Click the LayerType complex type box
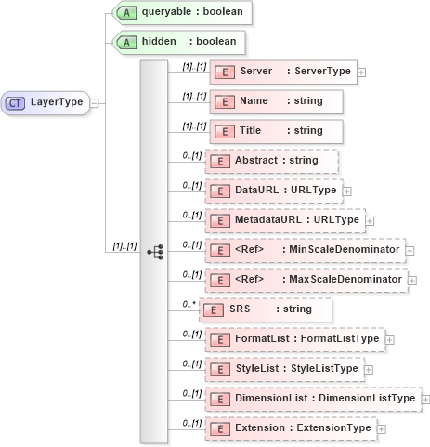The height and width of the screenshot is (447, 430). click(x=46, y=102)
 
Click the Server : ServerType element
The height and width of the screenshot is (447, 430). click(x=283, y=72)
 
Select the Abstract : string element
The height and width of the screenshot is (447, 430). click(x=270, y=161)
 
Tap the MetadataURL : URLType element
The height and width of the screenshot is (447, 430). click(x=284, y=220)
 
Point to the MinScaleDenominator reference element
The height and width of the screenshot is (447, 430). click(x=305, y=250)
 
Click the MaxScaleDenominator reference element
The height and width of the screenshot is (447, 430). click(x=305, y=280)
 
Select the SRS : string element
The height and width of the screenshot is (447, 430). click(x=266, y=309)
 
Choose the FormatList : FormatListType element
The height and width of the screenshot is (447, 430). click(x=293, y=339)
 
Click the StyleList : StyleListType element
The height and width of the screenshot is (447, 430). click(x=283, y=369)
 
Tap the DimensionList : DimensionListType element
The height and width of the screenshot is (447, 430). click(x=312, y=399)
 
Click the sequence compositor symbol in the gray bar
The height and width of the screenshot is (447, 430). click(x=155, y=251)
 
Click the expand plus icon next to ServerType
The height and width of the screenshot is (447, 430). click(x=361, y=72)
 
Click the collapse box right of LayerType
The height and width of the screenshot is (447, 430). click(x=94, y=103)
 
